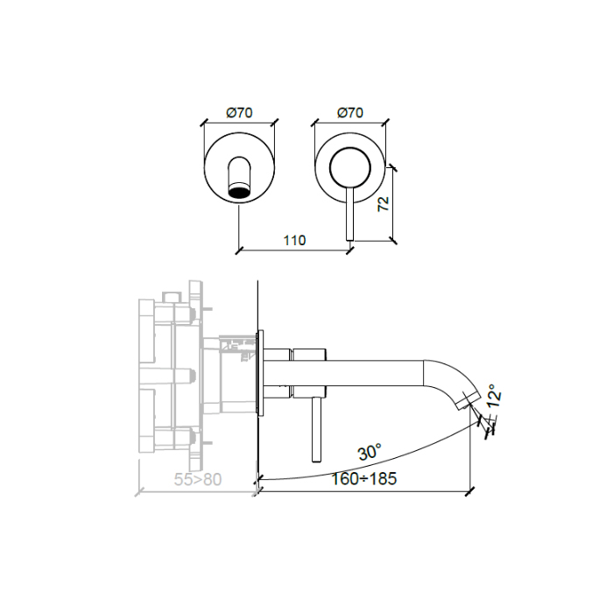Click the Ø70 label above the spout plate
click(240, 112)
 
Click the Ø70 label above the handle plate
click(349, 112)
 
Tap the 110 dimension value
click(293, 241)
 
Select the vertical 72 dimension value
click(383, 203)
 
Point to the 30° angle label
click(369, 453)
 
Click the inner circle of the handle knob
click(349, 166)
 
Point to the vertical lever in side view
click(312, 429)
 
